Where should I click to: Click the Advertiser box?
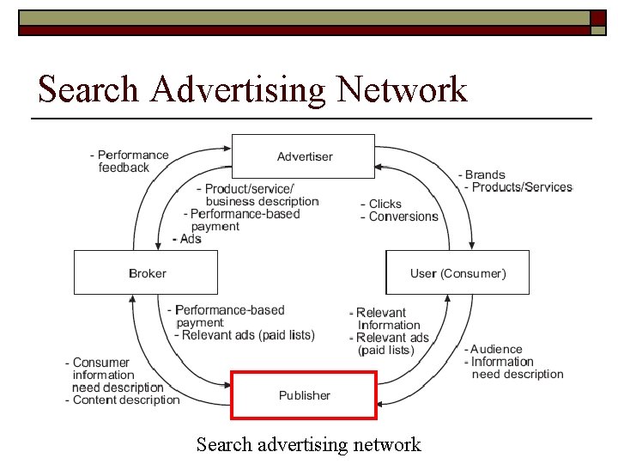[304, 156]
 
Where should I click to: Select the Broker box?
[146, 273]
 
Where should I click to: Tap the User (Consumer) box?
[457, 273]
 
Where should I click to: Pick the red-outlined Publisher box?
[304, 395]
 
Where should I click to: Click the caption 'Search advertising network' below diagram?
[308, 444]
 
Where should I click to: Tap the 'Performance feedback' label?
[130, 162]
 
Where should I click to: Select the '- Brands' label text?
[485, 175]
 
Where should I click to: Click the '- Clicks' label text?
[382, 204]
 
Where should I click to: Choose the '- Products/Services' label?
[518, 187]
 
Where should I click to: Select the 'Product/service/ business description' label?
[257, 195]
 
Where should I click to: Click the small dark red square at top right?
[598, 18]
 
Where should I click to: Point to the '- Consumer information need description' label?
[114, 375]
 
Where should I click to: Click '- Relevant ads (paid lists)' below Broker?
[244, 335]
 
